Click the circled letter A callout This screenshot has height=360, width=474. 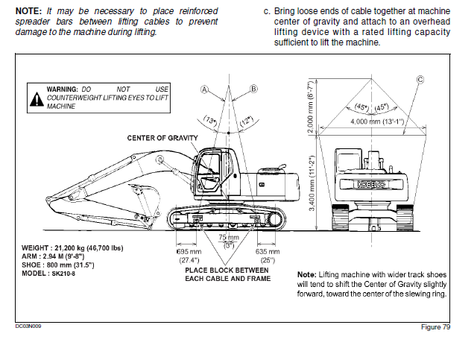coord(205,89)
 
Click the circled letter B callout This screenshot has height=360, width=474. coord(253,89)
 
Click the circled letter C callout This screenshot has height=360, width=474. coord(420,80)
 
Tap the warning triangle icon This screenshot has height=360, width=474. coord(37,99)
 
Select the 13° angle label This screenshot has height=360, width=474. coord(209,120)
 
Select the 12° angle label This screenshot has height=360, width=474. coord(246,121)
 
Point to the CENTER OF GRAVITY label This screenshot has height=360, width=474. coord(162,138)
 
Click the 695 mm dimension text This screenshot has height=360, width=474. coord(189,251)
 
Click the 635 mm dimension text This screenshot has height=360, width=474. coord(268,251)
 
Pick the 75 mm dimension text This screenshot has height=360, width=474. coord(229,238)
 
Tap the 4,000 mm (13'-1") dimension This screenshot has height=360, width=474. coord(377,121)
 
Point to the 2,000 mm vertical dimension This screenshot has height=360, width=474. coord(312,107)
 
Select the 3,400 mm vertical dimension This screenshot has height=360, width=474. coord(312,183)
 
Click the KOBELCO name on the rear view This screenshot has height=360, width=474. coord(371,184)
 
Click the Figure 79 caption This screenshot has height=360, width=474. coord(435,327)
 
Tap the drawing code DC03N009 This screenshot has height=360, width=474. coord(28,326)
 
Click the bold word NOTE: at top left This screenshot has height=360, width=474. coord(29,11)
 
